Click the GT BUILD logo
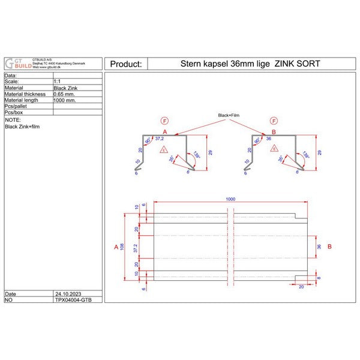(x=16, y=64)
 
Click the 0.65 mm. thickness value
(x=65, y=94)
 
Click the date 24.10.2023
(x=67, y=294)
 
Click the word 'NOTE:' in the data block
(x=13, y=120)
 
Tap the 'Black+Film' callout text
(x=229, y=115)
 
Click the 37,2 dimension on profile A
(x=159, y=138)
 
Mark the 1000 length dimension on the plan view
(x=230, y=199)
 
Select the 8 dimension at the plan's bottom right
(x=319, y=278)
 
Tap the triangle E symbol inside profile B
(x=274, y=149)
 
